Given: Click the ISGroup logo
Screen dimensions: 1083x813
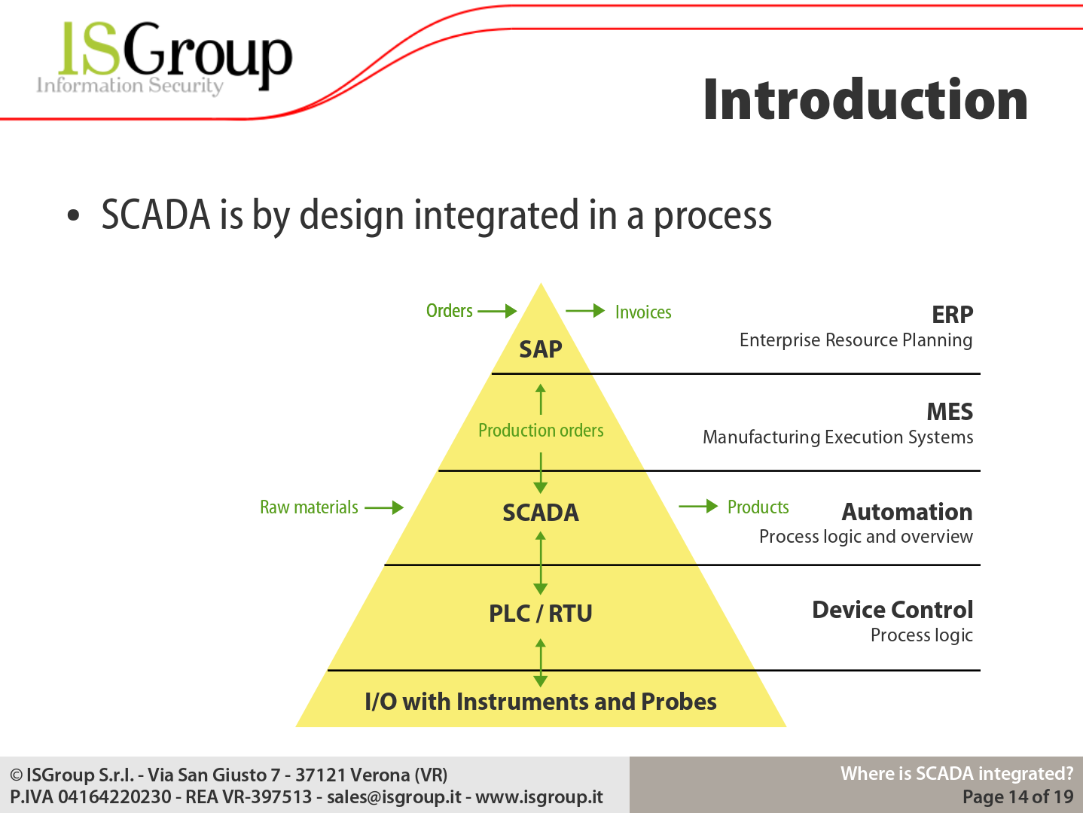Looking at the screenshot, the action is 164,57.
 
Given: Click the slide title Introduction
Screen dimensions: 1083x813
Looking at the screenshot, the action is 865,100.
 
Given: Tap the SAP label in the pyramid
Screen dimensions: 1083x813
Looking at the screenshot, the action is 541,349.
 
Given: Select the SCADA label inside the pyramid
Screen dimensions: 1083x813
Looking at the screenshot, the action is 541,513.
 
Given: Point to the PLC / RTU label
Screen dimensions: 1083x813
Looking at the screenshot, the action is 541,614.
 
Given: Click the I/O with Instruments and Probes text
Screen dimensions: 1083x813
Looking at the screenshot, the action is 541,702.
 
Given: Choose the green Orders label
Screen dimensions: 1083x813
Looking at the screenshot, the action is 450,311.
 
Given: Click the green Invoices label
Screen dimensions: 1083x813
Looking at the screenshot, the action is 643,312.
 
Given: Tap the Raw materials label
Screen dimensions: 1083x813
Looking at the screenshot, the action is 309,507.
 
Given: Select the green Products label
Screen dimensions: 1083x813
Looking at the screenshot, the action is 758,507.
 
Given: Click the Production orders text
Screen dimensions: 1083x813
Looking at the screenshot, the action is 541,431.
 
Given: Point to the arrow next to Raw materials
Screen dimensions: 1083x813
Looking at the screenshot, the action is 384,507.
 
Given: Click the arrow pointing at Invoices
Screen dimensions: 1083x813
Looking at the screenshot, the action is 585,311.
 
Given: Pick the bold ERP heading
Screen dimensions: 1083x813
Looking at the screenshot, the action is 952,315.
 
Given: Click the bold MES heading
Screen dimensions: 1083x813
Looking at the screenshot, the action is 950,412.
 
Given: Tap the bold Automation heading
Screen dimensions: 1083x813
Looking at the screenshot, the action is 908,512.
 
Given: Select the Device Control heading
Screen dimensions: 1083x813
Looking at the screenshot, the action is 892,610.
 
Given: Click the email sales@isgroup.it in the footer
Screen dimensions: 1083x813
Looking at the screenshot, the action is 394,796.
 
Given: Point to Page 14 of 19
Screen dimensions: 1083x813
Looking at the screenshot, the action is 1018,796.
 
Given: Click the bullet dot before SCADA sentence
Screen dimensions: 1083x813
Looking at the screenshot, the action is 74,215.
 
